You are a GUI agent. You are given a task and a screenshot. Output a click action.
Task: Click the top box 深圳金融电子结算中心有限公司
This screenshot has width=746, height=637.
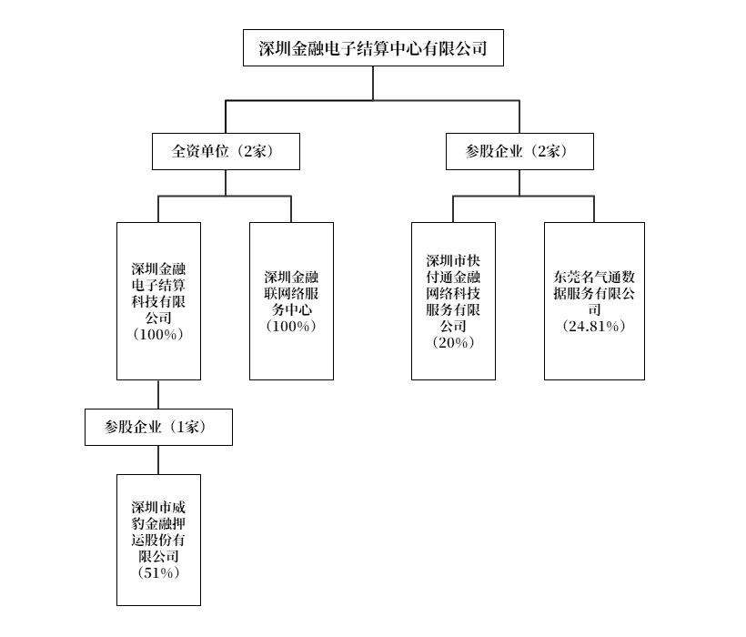[373, 47]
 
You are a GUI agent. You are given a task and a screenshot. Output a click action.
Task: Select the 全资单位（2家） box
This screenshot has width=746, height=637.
[226, 151]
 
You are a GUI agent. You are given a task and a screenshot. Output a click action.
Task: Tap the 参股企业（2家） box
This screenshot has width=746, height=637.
[519, 151]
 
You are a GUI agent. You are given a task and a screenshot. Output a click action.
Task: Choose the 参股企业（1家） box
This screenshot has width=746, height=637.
[158, 427]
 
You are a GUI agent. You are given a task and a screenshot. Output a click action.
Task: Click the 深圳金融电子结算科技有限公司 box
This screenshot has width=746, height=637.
[158, 300]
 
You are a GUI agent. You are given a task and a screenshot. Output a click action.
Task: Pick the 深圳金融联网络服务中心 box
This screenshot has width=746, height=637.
[291, 300]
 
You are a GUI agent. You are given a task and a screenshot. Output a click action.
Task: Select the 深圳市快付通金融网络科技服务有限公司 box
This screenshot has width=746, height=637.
[453, 300]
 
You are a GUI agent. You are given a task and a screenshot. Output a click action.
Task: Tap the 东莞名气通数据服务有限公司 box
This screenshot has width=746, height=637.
[594, 300]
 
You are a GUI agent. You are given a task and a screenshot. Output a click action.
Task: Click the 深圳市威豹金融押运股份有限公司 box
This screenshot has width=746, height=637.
[158, 540]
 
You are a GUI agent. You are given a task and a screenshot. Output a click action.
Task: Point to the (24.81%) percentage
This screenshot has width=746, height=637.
[594, 327]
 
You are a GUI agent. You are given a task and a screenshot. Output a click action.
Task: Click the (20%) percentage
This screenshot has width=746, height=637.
[453, 342]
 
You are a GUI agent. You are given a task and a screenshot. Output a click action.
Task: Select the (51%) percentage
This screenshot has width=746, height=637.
[158, 572]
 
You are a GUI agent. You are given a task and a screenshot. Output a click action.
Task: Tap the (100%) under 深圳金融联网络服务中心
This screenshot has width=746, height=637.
[291, 327]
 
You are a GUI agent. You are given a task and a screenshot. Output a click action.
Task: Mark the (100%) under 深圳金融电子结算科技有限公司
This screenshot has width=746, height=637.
[158, 335]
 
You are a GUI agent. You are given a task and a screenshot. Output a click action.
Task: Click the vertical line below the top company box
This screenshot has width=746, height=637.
[373, 83]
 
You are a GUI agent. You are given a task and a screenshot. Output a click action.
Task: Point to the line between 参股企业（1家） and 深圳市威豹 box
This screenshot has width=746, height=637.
[158, 460]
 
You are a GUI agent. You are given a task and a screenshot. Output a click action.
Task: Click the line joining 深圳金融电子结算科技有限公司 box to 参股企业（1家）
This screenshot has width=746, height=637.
[158, 394]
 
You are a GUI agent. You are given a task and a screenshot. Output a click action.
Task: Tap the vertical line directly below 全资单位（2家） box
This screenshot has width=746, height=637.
[226, 182]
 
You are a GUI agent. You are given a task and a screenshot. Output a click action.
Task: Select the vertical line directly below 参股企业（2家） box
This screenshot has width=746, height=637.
[519, 182]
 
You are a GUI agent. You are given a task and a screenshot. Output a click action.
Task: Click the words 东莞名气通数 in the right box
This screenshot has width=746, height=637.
[594, 277]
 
